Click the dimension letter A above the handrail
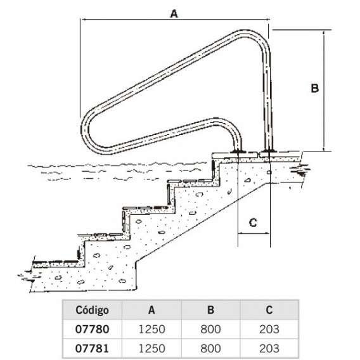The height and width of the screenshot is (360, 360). tap(174, 14)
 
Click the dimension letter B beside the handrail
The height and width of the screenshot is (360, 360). tap(314, 88)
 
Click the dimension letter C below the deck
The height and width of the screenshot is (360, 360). tap(253, 222)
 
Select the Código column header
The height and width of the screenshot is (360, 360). tap(92, 310)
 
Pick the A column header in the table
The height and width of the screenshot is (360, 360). tap(151, 310)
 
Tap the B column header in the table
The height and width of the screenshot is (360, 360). tap(210, 310)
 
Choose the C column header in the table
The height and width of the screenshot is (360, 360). tap(269, 310)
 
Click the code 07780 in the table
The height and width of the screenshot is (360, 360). tap(92, 329)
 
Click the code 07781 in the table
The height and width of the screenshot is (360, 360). tap(92, 349)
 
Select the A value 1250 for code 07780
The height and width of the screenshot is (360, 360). tap(151, 329)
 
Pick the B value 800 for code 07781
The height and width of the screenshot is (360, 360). tap(210, 349)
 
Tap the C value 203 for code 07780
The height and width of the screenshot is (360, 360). tap(269, 329)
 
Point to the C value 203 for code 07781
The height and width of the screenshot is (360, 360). tap(269, 349)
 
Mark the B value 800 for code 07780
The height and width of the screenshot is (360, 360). tap(210, 329)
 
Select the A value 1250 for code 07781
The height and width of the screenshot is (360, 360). tap(151, 349)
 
